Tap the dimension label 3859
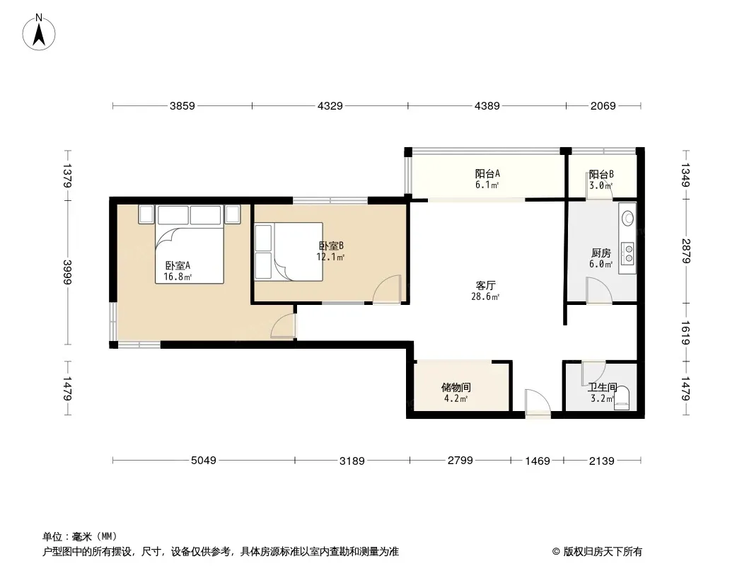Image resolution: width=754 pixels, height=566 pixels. pyautogui.click(x=182, y=106)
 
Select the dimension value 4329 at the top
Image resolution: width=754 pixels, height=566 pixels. pyautogui.click(x=330, y=106)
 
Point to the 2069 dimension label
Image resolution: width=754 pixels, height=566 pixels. pyautogui.click(x=603, y=106)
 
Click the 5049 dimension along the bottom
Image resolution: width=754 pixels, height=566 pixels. pyautogui.click(x=204, y=460)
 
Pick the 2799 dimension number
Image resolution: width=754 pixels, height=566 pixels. pyautogui.click(x=460, y=460)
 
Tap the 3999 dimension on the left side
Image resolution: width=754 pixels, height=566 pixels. pyautogui.click(x=67, y=272)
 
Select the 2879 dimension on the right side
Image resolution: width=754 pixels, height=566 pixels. pyautogui.click(x=685, y=251)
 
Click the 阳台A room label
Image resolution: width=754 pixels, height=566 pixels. pyautogui.click(x=487, y=173)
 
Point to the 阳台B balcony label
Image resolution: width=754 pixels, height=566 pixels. pyautogui.click(x=601, y=174)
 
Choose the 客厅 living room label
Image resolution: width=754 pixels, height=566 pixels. pyautogui.click(x=485, y=286)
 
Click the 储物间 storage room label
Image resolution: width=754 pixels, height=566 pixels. pyautogui.click(x=456, y=388)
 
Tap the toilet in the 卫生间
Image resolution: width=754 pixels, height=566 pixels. pyautogui.click(x=621, y=398)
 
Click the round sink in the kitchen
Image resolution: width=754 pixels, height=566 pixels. pyautogui.click(x=627, y=219)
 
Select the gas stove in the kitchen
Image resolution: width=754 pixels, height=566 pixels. pyautogui.click(x=627, y=254)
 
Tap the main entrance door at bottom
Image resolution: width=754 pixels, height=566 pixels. pyautogui.click(x=538, y=402)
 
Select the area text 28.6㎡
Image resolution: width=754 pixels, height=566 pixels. pyautogui.click(x=485, y=296)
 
